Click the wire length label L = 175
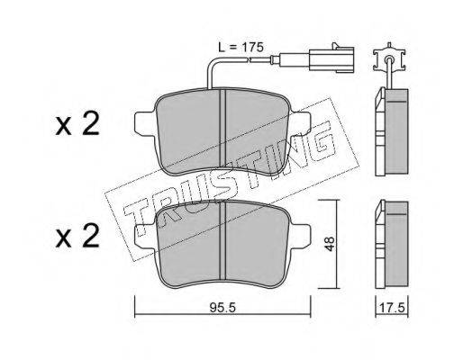tap(241, 47)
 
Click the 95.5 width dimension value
tap(222, 308)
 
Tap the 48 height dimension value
tap(330, 244)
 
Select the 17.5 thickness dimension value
tap(392, 308)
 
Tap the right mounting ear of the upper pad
tap(298, 124)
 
